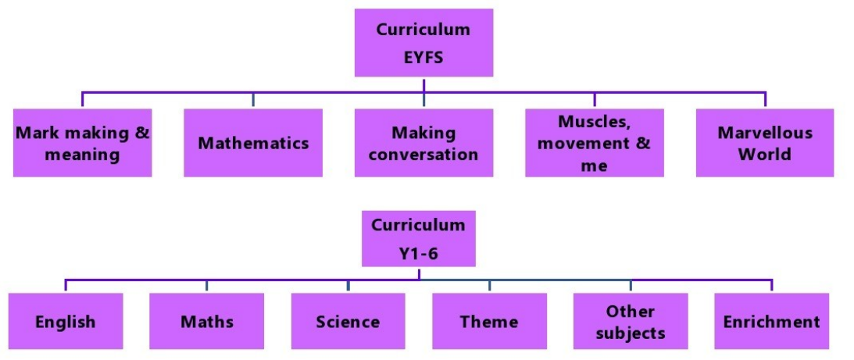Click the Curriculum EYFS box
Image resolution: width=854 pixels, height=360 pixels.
point(423,43)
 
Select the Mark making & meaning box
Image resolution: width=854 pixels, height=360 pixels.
point(82,143)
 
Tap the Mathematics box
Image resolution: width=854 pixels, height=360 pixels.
point(253,143)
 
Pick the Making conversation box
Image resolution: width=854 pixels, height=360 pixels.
point(423,143)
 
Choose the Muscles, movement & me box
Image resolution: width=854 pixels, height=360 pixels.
point(595,143)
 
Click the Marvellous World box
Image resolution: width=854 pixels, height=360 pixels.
point(765,143)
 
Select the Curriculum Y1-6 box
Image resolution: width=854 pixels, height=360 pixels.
point(418,238)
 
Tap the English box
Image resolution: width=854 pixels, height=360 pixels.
point(66,321)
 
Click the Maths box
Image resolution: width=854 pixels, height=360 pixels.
point(207,321)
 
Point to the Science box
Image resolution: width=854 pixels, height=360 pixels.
point(348,321)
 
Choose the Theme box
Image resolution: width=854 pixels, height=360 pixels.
point(489,321)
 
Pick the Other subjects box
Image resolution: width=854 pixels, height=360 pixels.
point(631,321)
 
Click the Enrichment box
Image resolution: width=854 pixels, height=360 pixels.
point(771,321)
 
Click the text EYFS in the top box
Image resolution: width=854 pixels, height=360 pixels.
point(423,56)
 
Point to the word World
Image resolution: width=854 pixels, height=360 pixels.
point(765,154)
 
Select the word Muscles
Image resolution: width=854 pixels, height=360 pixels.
point(594,122)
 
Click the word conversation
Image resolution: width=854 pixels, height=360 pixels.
point(423,155)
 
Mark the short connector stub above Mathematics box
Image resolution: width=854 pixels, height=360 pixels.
point(253,100)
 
